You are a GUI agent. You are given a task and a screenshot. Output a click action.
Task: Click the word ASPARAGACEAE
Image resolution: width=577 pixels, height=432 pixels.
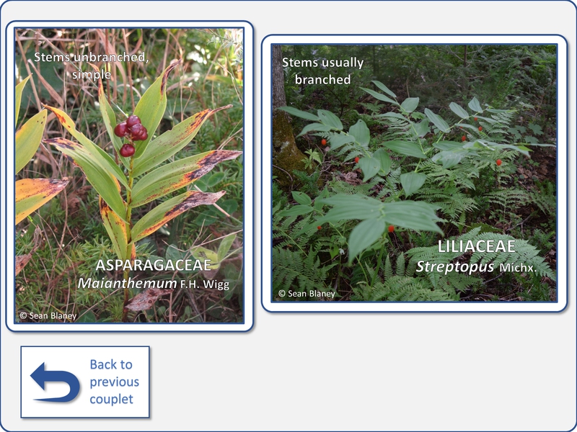click(154, 265)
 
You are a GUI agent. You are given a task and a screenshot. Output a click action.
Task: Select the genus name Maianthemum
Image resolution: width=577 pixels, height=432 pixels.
click(128, 283)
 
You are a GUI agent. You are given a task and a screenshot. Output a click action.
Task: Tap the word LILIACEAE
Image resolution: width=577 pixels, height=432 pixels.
click(476, 246)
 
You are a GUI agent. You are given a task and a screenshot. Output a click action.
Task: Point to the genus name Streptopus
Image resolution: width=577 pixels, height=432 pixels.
click(455, 266)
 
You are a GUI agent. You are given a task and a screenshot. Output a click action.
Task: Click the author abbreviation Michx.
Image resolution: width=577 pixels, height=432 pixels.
click(518, 268)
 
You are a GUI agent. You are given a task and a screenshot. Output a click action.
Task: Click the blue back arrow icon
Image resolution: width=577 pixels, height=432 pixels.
click(55, 382)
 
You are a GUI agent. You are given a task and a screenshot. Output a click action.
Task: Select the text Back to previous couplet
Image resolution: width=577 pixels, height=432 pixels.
click(114, 382)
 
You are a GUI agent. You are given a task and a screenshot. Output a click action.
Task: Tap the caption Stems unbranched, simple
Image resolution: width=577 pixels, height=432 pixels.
click(92, 66)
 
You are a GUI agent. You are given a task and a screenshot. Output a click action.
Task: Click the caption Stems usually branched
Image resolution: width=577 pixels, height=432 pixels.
click(322, 71)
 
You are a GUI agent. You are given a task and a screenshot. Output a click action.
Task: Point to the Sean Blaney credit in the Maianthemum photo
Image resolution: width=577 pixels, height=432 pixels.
click(48, 316)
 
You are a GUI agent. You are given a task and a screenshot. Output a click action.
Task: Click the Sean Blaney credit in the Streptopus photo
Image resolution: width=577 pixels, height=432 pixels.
click(307, 294)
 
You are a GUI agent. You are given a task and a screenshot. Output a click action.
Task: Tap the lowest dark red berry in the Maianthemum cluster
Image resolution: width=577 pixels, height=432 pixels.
click(127, 150)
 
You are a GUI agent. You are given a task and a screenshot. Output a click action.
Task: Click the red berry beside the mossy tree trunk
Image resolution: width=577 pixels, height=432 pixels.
click(324, 142)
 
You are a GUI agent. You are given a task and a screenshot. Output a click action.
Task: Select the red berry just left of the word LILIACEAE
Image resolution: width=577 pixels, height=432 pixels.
click(391, 229)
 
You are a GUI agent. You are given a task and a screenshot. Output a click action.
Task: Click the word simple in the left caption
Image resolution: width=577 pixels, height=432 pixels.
click(92, 75)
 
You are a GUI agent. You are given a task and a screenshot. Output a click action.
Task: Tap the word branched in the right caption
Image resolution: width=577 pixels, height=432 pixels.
click(322, 79)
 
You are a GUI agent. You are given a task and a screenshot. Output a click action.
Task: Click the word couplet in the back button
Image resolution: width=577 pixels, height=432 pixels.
click(112, 400)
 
